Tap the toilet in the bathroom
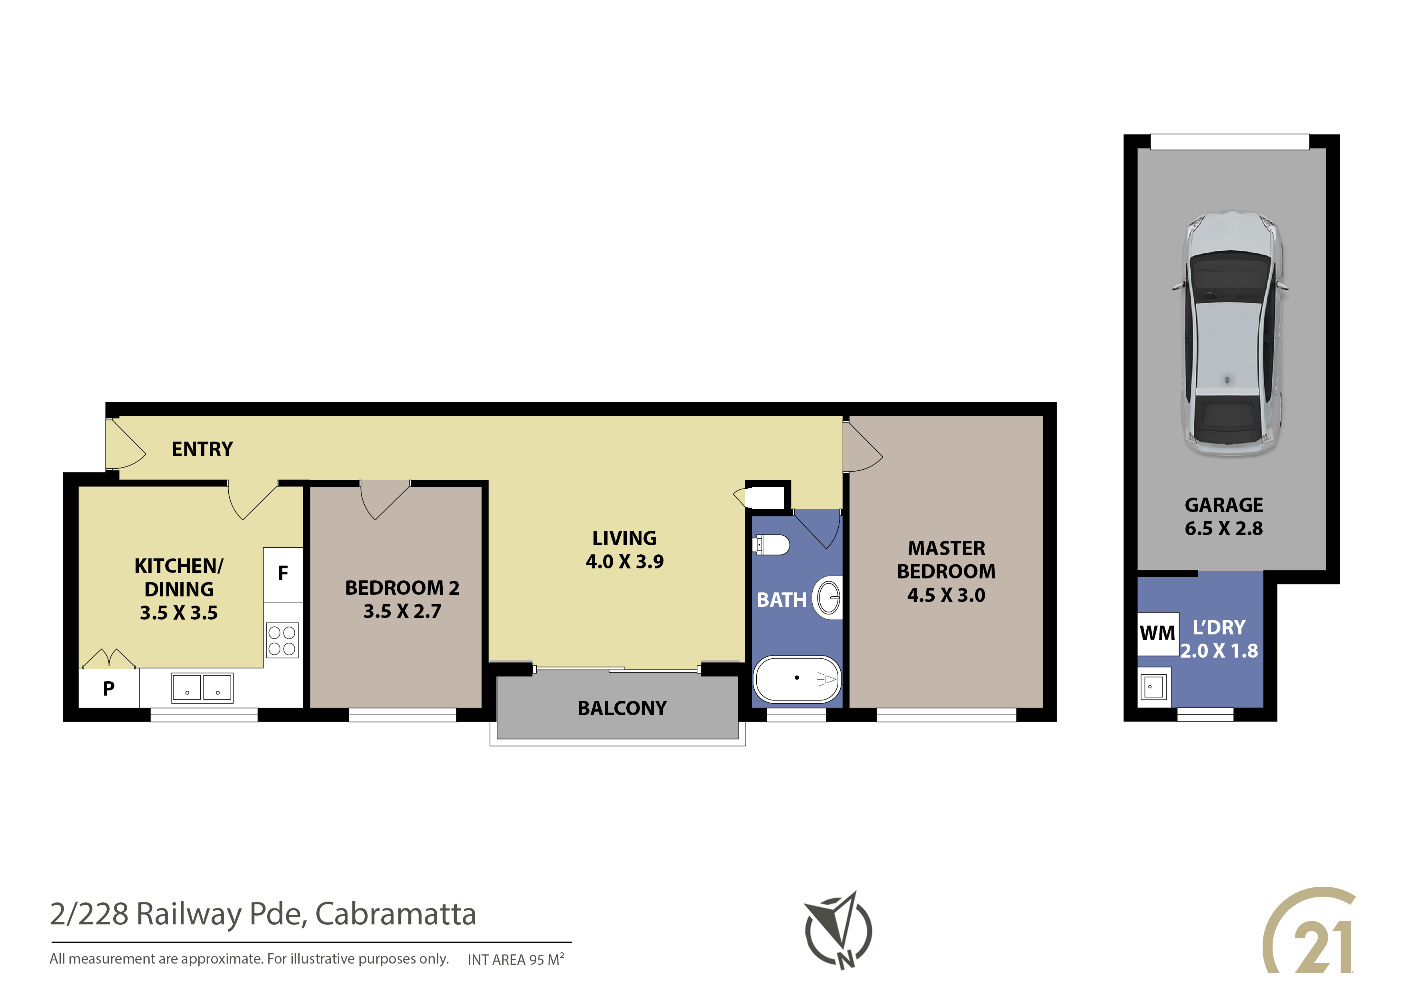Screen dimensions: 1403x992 point(772,544)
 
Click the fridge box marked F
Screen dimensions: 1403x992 point(283,574)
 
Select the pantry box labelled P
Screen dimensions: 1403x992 point(109,688)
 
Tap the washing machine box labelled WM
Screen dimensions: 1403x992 point(1157,633)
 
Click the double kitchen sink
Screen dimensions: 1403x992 point(202,687)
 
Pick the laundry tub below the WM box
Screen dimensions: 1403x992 point(1154,687)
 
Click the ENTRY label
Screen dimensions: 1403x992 point(202,449)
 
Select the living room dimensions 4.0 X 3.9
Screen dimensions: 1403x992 point(624,561)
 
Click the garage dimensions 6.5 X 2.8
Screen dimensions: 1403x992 point(1223,528)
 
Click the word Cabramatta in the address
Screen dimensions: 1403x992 point(396,914)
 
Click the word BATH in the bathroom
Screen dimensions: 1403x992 point(781,600)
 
